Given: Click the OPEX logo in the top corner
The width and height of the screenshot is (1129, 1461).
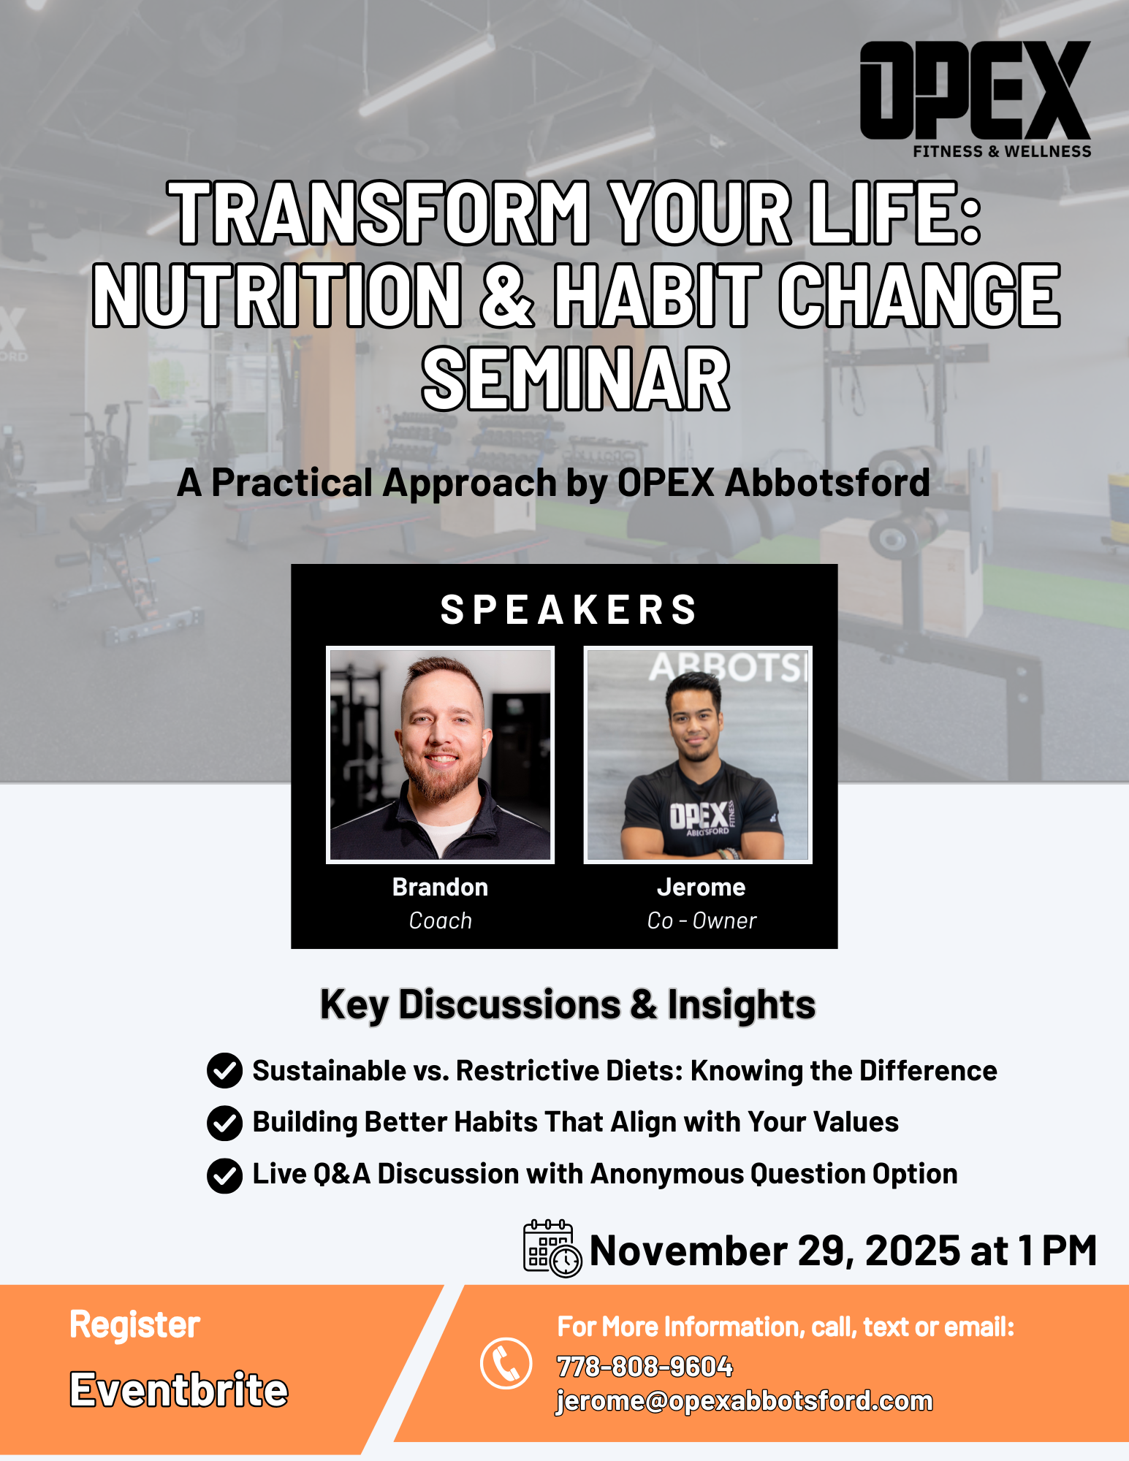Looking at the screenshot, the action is [x=976, y=99].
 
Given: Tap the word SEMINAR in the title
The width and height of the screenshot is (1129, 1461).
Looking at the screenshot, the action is [x=576, y=379].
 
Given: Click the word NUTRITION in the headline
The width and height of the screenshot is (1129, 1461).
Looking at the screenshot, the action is [x=278, y=295].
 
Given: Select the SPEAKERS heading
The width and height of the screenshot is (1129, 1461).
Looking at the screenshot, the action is [x=569, y=609].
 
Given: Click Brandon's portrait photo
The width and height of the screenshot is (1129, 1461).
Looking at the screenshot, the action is [x=440, y=755].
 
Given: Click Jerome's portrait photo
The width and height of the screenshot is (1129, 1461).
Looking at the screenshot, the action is [x=698, y=755].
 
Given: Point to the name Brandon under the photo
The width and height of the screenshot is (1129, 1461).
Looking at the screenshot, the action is [x=440, y=887].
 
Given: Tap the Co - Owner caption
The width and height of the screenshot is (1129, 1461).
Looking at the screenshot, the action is [x=702, y=920].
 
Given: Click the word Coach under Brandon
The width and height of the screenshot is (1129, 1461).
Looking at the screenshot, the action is [x=441, y=920].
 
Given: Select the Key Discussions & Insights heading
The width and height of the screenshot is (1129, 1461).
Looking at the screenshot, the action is [x=568, y=1004].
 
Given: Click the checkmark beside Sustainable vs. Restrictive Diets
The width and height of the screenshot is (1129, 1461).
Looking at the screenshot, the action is [x=224, y=1071].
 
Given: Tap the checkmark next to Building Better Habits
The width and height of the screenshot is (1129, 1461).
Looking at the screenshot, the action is [x=224, y=1123].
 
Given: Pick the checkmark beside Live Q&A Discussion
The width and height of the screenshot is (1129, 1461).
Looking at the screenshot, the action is [x=224, y=1175].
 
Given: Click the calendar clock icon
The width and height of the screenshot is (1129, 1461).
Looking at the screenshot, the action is [x=552, y=1248].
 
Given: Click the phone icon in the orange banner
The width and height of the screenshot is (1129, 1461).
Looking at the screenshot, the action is [x=506, y=1363].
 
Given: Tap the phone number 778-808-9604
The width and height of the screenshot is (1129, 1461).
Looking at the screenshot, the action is [x=645, y=1366].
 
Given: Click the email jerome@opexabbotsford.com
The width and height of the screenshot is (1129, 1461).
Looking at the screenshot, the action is [x=745, y=1401].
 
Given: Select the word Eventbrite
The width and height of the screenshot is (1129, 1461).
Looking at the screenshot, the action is [x=179, y=1389].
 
